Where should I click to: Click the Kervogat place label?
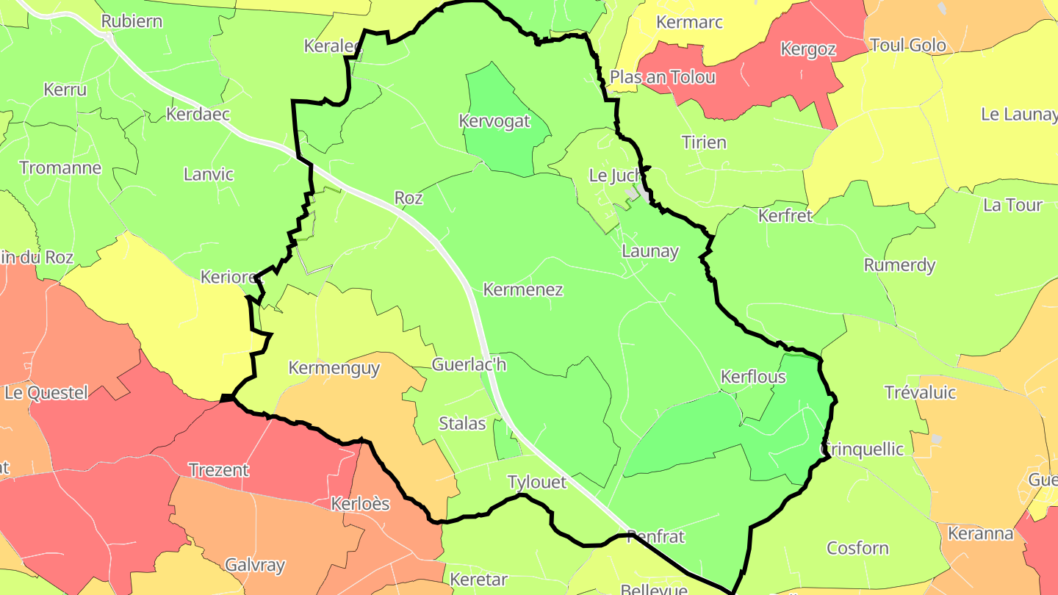pyautogui.click(x=494, y=121)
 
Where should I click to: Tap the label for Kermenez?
pyautogui.click(x=523, y=289)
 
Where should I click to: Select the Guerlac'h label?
pyautogui.click(x=469, y=364)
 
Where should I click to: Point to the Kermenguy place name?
pyautogui.click(x=334, y=367)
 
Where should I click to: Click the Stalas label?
pyautogui.click(x=462, y=423)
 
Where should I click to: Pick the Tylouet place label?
pyautogui.click(x=537, y=482)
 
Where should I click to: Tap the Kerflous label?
pyautogui.click(x=753, y=377)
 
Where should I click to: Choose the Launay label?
pyautogui.click(x=650, y=250)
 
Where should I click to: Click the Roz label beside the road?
pyautogui.click(x=409, y=198)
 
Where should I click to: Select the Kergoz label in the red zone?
pyautogui.click(x=808, y=49)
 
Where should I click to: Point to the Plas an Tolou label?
pyautogui.click(x=663, y=77)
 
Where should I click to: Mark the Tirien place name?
pyautogui.click(x=704, y=142)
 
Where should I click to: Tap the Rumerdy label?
pyautogui.click(x=899, y=265)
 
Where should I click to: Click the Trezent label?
pyautogui.click(x=218, y=469)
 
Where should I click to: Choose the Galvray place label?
pyautogui.click(x=255, y=565)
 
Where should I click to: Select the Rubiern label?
pyautogui.click(x=132, y=21)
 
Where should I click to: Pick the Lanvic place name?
pyautogui.click(x=209, y=174)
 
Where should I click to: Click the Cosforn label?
pyautogui.click(x=857, y=548)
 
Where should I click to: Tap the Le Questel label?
pyautogui.click(x=46, y=392)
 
